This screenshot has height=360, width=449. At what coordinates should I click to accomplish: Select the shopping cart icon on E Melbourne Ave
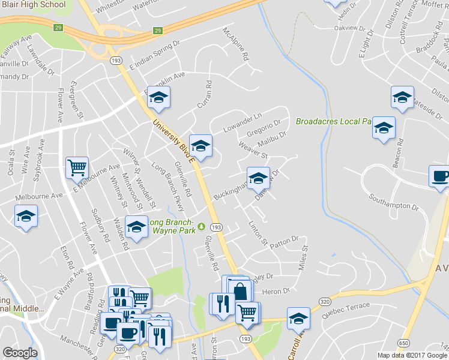coord(77,168)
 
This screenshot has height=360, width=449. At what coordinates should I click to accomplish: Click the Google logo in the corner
coord(20,353)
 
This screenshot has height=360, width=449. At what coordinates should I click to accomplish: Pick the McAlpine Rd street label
coord(235,44)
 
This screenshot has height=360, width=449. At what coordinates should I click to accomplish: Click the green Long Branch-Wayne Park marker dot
coord(202,227)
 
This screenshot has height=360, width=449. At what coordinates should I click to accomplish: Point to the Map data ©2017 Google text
coord(411,355)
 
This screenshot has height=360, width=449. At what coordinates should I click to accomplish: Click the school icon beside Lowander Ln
coord(200,145)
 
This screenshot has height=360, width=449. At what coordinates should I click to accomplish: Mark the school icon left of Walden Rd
coord(137,227)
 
